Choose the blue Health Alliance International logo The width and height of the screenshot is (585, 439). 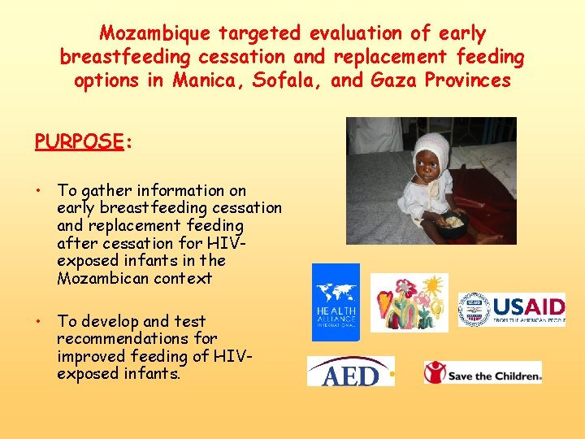coord(336,302)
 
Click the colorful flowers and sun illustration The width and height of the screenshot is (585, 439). coord(409,302)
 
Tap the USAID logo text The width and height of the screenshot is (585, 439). coord(528,307)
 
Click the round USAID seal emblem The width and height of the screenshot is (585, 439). coord(474,310)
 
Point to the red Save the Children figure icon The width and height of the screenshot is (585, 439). coord(435,373)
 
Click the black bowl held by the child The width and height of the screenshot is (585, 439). coord(453,225)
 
